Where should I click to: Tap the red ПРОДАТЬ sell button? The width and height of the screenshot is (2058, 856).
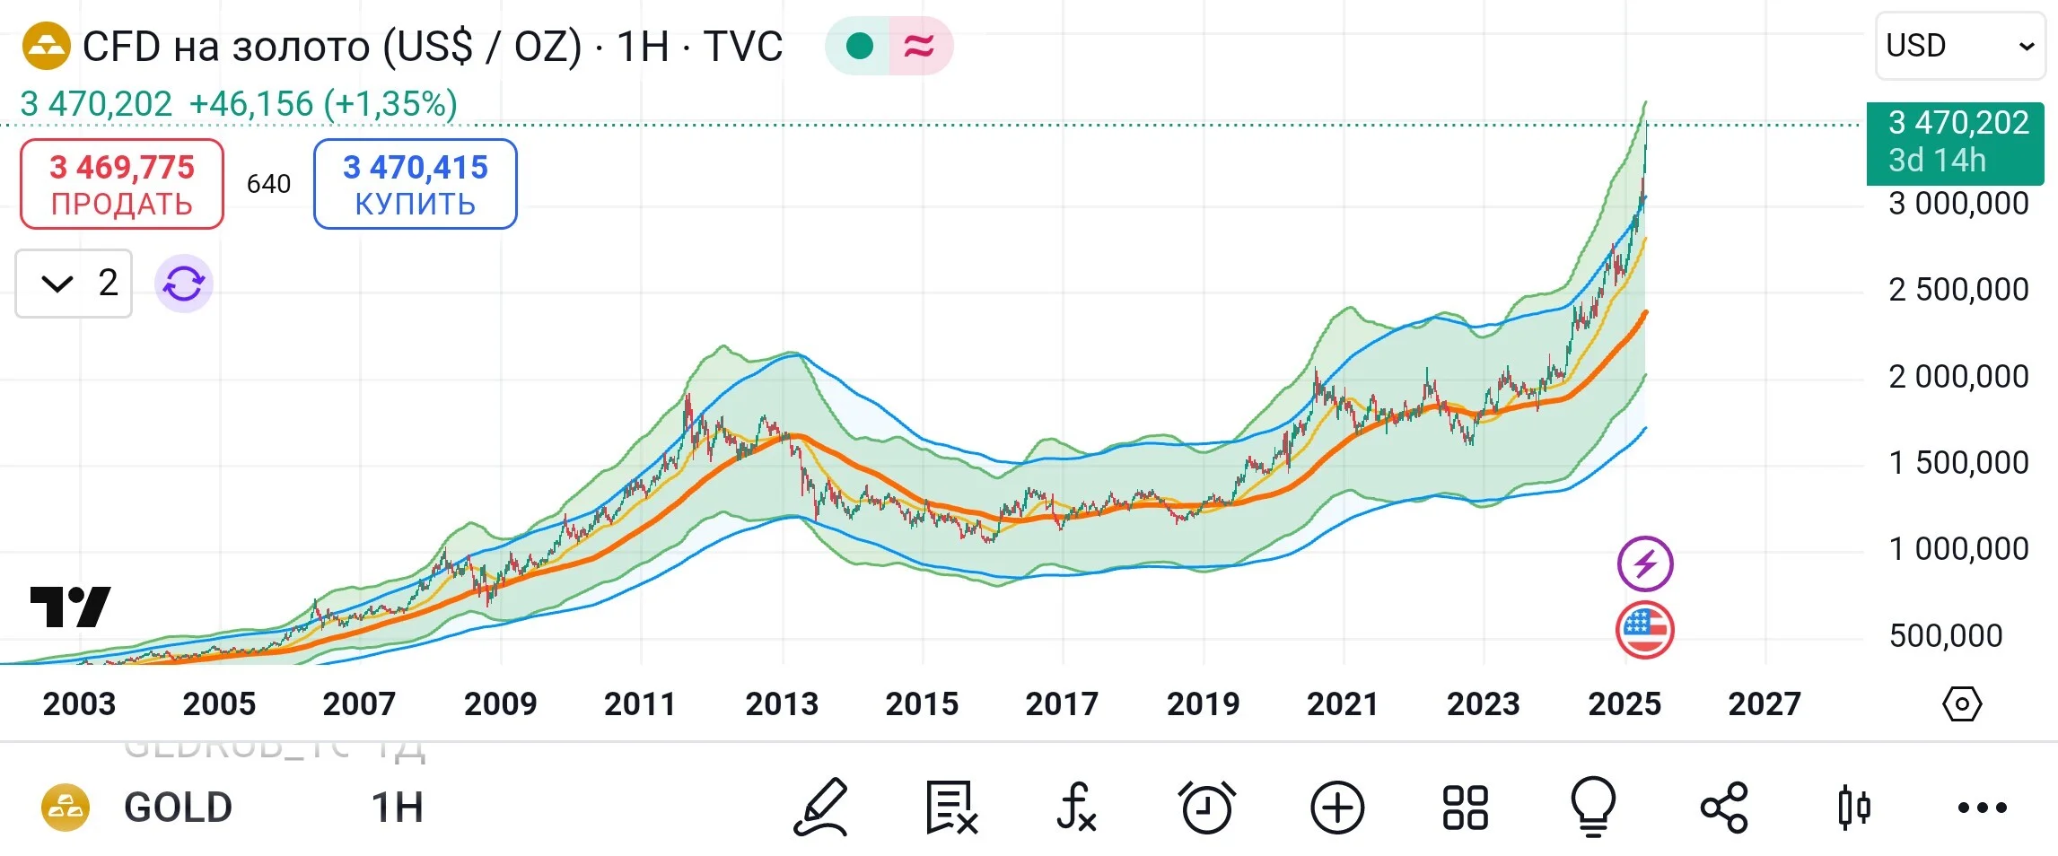pos(122,184)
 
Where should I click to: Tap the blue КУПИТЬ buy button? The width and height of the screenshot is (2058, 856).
pos(416,184)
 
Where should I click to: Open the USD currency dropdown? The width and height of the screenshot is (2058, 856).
pos(1960,46)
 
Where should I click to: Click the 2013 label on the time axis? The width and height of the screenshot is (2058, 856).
pos(782,703)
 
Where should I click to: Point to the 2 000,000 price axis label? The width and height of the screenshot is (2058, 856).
pos(1958,376)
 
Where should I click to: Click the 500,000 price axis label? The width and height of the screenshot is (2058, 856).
pos(1946,635)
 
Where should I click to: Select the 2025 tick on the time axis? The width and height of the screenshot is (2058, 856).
pos(1625,703)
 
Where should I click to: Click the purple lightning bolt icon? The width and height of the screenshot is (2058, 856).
pos(1645,563)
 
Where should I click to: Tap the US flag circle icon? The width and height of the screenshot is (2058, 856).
pos(1645,630)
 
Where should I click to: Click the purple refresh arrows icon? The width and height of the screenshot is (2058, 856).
pos(184,284)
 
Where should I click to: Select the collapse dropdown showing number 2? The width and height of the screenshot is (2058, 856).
pos(74,284)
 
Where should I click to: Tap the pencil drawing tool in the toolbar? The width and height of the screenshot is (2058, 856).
pos(820,807)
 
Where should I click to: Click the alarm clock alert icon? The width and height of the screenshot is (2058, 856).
pos(1207,807)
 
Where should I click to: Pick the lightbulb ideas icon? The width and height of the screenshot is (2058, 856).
pos(1593,807)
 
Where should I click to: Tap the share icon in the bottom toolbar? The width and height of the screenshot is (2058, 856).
pos(1724,807)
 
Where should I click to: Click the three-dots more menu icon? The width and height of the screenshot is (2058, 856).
pos(1983,808)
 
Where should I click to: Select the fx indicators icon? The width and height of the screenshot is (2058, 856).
pos(1076,807)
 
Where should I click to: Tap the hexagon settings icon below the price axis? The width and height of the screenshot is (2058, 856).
pos(1962,704)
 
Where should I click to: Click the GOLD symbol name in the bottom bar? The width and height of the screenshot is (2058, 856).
pos(178,808)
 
